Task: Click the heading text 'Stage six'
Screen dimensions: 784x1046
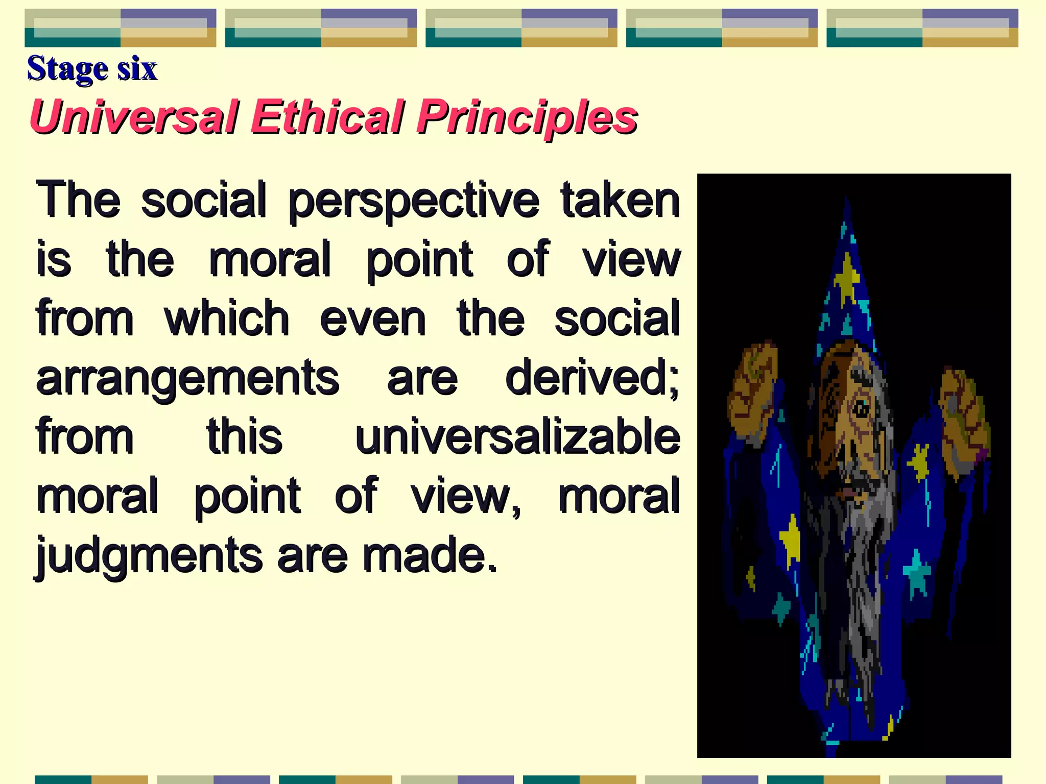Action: pyautogui.click(x=92, y=68)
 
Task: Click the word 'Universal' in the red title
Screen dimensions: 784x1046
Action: pyautogui.click(x=134, y=117)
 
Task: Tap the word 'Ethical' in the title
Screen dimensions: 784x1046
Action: pyautogui.click(x=327, y=117)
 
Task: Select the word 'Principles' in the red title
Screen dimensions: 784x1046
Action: pyautogui.click(x=527, y=117)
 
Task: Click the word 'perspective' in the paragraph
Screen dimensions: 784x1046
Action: pyautogui.click(x=413, y=201)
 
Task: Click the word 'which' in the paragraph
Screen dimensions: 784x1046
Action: pyautogui.click(x=227, y=319)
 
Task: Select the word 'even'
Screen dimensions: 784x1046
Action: pyautogui.click(x=372, y=319)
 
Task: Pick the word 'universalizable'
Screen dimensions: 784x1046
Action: pyautogui.click(x=517, y=437)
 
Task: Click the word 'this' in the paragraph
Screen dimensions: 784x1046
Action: pyautogui.click(x=244, y=437)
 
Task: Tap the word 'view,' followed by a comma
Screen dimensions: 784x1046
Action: pyautogui.click(x=466, y=497)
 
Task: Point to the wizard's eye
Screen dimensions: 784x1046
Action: pyautogui.click(x=862, y=408)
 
